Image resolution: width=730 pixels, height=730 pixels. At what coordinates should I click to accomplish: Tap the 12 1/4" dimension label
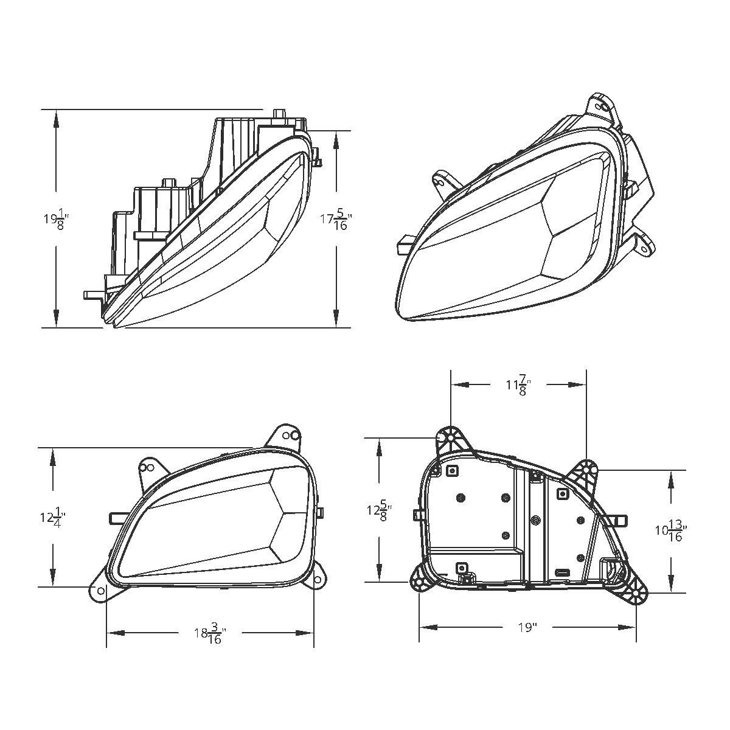(x=53, y=518)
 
